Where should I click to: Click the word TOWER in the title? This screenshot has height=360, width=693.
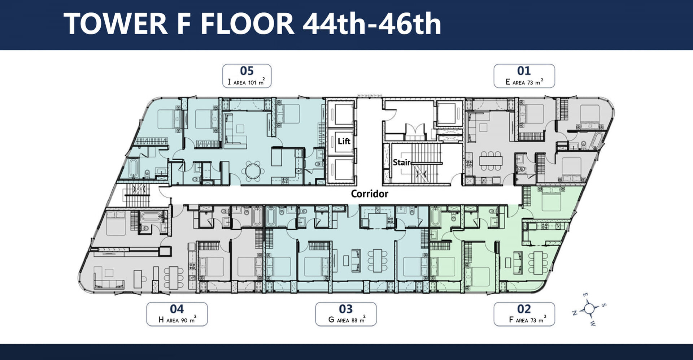point(115,24)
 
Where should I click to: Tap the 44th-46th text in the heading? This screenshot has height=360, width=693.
point(372,24)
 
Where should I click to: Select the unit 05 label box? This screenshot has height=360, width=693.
point(247,76)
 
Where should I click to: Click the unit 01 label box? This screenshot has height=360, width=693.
point(524,76)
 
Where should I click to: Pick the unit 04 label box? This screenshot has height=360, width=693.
point(177,314)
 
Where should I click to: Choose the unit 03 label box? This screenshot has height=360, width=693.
point(346,314)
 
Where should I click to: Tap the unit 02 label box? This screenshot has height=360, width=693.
point(524,314)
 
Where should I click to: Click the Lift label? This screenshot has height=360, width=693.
point(344,141)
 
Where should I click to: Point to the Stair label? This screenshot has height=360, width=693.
point(402,162)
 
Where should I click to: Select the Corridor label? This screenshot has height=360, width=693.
point(370,194)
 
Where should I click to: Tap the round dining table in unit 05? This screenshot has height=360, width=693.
point(253,171)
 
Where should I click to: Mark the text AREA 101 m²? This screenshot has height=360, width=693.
point(249,82)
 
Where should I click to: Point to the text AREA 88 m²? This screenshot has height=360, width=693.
point(351,320)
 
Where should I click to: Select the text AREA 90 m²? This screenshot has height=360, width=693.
point(182,320)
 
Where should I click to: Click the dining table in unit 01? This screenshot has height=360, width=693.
point(491,160)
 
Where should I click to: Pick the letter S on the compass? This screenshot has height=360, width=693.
point(604,305)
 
